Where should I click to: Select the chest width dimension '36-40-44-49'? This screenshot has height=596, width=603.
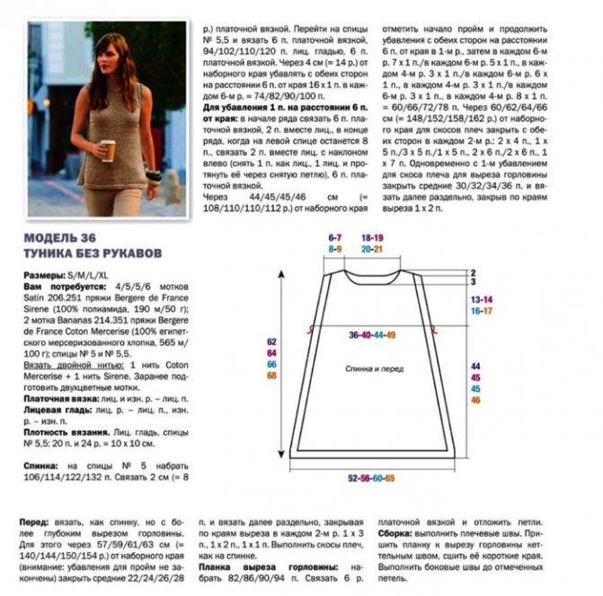click(372, 334)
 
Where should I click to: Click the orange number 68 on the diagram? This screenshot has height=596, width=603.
click(270, 376)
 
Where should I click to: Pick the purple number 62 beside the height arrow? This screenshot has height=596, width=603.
click(270, 342)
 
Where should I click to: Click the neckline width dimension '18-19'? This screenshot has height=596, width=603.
click(373, 237)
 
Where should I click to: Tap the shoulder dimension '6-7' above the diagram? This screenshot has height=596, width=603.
click(335, 237)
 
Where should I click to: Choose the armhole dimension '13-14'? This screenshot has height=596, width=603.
click(481, 298)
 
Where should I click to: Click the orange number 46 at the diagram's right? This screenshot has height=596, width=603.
click(476, 399)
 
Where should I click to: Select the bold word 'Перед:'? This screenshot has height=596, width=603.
click(34, 522)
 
